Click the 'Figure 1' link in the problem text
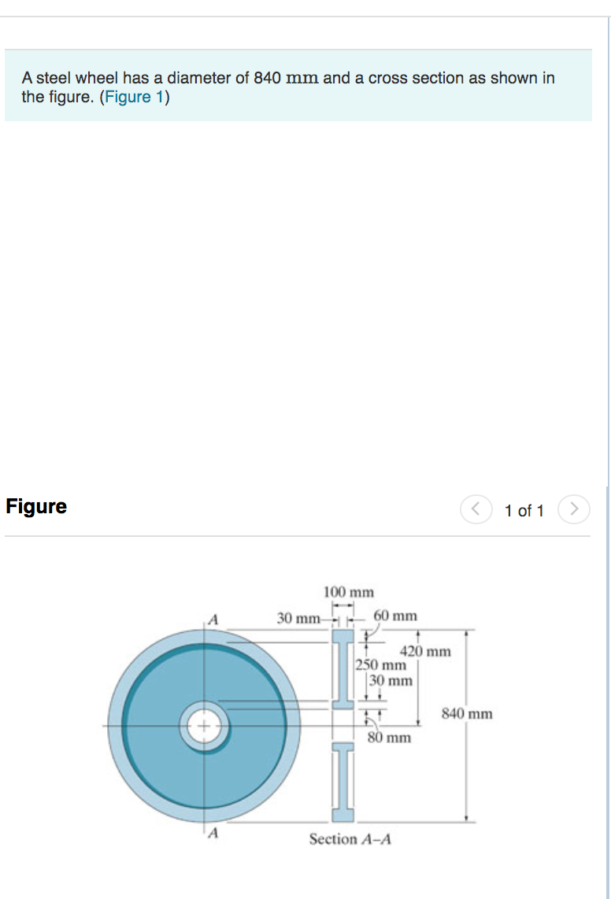tap(132, 97)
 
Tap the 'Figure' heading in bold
tap(36, 506)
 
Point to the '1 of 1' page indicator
tap(524, 511)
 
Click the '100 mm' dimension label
tap(349, 591)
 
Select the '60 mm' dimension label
tap(395, 615)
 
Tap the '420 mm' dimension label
tap(425, 651)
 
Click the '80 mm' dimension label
tap(389, 738)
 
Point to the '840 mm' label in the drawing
tap(467, 714)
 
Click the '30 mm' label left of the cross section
tap(298, 618)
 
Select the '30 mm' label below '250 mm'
tap(391, 680)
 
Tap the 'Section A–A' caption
tap(350, 839)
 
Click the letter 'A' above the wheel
tap(212, 618)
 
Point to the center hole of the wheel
tap(205, 725)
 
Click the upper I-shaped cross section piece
tap(343, 668)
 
